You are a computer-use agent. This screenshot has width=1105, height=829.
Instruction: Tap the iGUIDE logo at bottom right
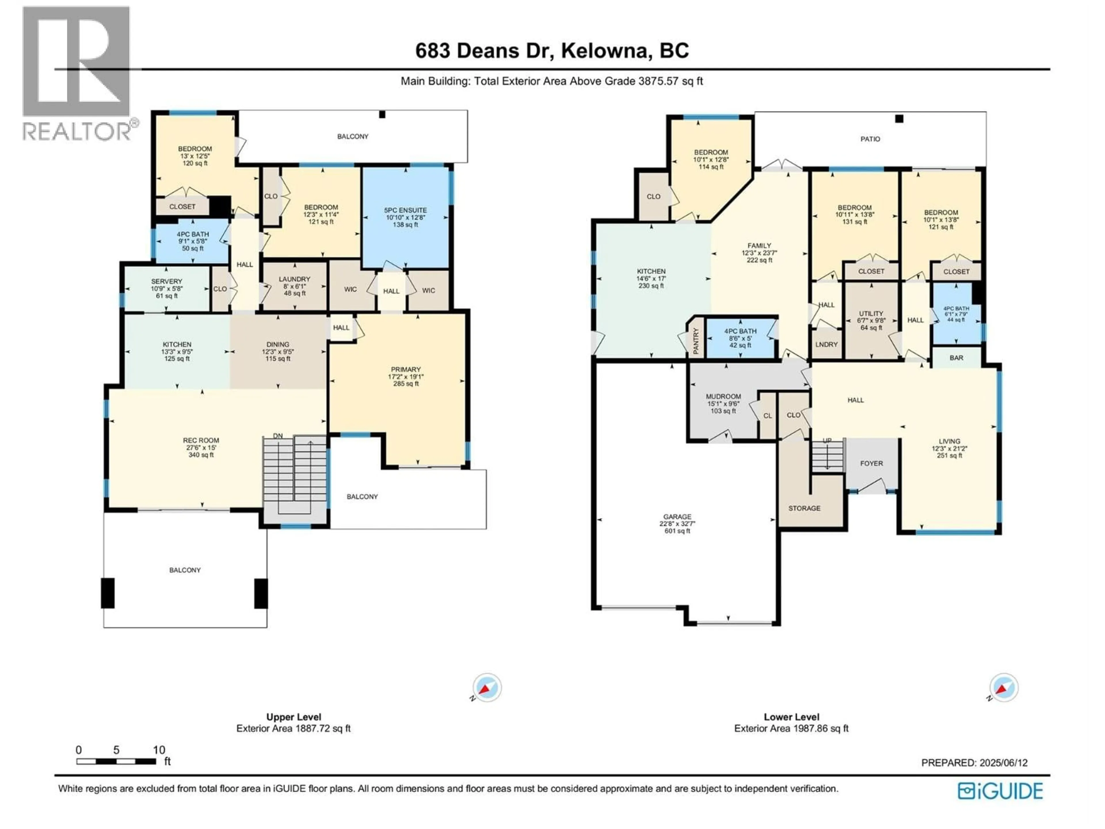pyautogui.click(x=1000, y=791)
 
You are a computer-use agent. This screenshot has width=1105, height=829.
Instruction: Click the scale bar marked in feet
pyautogui.click(x=116, y=762)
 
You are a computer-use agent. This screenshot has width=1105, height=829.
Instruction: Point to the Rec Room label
pyautogui.click(x=201, y=447)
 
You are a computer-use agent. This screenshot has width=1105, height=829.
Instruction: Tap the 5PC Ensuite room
pyautogui.click(x=405, y=217)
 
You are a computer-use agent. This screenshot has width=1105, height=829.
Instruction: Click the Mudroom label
pyautogui.click(x=723, y=403)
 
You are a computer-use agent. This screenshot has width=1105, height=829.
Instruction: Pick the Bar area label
pyautogui.click(x=956, y=358)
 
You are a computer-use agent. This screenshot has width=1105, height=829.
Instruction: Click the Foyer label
pyautogui.click(x=871, y=463)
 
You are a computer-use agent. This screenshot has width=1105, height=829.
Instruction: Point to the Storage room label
pyautogui.click(x=804, y=508)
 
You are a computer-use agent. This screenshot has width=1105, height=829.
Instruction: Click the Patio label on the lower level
pyautogui.click(x=870, y=139)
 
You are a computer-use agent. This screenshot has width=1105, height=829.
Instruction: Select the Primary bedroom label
pyautogui.click(x=406, y=376)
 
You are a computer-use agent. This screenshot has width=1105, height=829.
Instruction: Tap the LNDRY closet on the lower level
pyautogui.click(x=826, y=344)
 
